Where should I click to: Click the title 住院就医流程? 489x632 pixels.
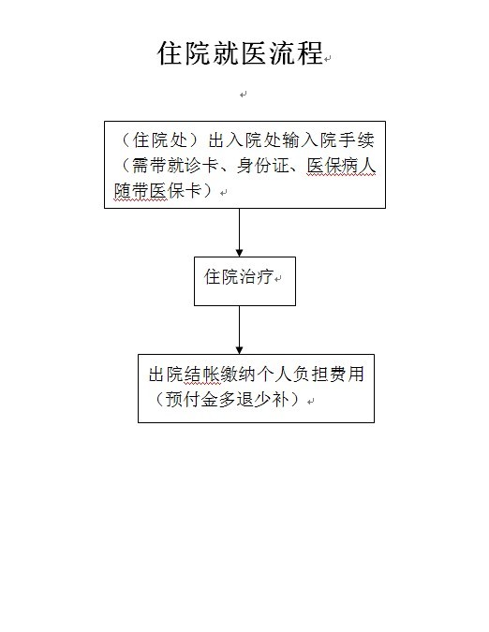click(241, 53)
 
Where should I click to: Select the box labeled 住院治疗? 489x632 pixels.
click(244, 281)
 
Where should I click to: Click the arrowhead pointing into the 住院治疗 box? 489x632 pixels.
click(240, 253)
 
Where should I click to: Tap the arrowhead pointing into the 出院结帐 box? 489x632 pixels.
click(240, 350)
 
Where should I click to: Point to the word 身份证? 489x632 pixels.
click(263, 165)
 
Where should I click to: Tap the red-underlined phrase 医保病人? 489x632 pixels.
click(341, 165)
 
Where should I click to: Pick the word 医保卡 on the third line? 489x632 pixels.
click(176, 191)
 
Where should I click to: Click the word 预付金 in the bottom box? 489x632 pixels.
click(191, 400)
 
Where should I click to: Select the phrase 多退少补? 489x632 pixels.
click(254, 400)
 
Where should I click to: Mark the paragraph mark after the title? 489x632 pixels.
click(327, 59)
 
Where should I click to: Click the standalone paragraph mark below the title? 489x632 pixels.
click(243, 95)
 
